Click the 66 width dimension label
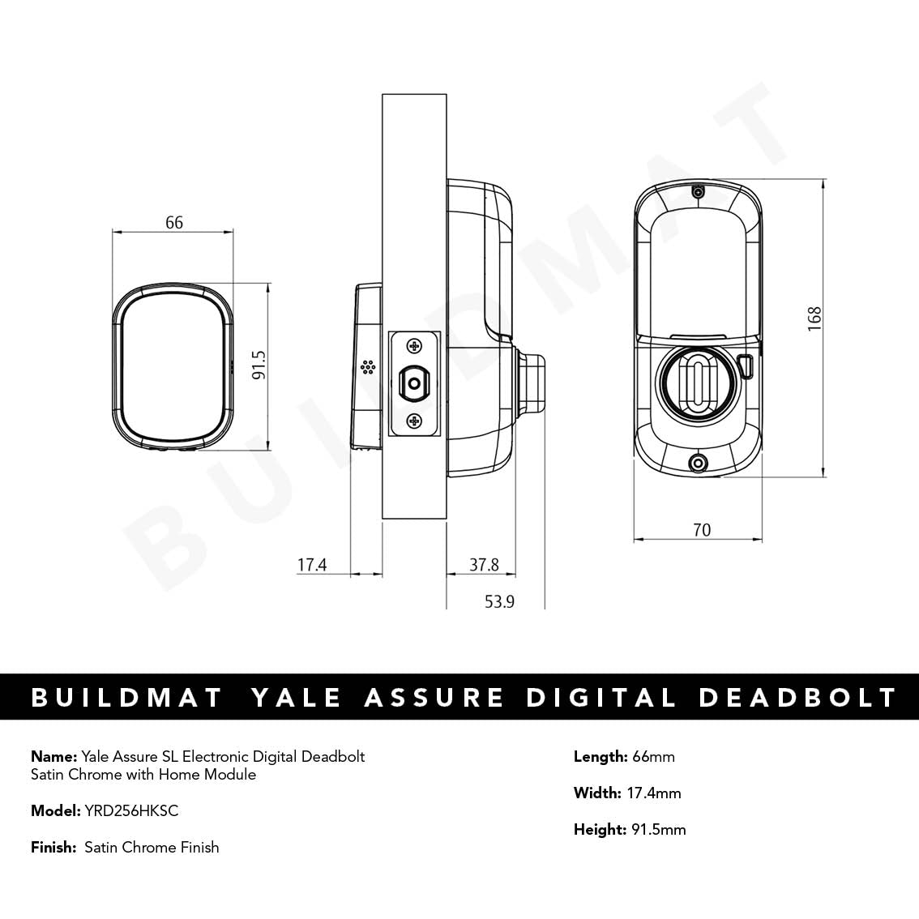coord(174,222)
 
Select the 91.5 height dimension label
coord(259,366)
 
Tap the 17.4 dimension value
coord(311,565)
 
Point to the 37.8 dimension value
coord(484,565)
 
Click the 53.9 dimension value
coord(500,601)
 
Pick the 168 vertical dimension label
coord(814,317)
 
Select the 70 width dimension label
coord(702,530)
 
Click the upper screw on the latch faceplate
coord(415,347)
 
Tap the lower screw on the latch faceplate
coord(415,420)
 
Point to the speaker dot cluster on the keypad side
coord(368,368)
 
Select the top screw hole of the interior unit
coord(697,193)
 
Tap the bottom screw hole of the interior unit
coord(696,464)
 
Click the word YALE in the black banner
coord(296,698)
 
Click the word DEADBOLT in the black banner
coord(797,698)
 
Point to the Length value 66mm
coord(653,757)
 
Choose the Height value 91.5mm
coord(658,829)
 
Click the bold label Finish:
coord(54,847)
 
